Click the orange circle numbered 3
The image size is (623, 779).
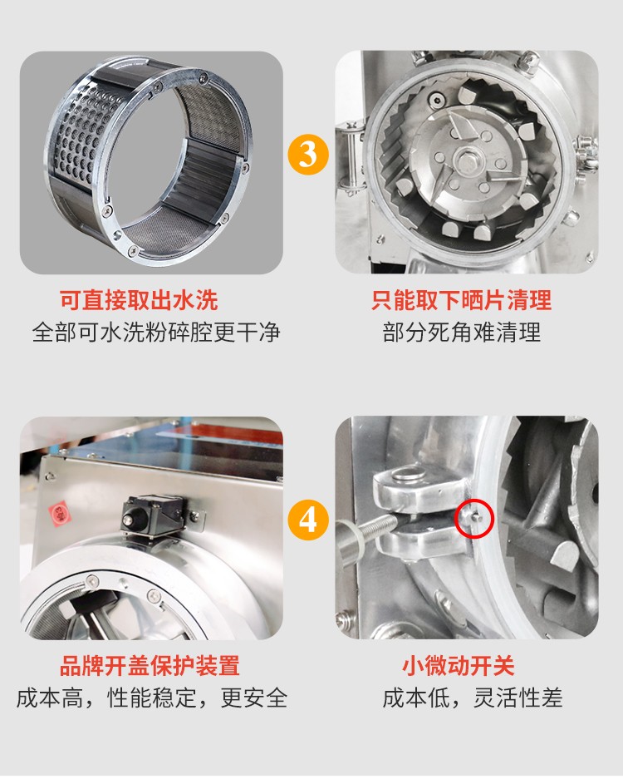pyautogui.click(x=308, y=154)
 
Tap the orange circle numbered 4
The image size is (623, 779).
pyautogui.click(x=308, y=520)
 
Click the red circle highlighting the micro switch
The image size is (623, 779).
pyautogui.click(x=474, y=518)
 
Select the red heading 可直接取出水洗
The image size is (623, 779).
pyautogui.click(x=139, y=300)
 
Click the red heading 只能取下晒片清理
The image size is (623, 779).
pyautogui.click(x=462, y=300)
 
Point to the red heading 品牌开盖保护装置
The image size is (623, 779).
pyautogui.click(x=150, y=666)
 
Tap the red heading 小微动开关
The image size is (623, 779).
pyautogui.click(x=459, y=666)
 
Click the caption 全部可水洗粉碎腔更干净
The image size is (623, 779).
pyautogui.click(x=156, y=333)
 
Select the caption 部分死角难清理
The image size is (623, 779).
pyautogui.click(x=461, y=333)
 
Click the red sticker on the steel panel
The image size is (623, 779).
pyautogui.click(x=59, y=514)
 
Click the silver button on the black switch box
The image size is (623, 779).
pyautogui.click(x=128, y=520)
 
